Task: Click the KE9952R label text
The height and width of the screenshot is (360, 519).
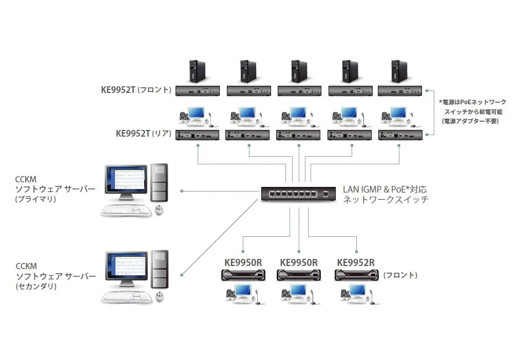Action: tap(355, 262)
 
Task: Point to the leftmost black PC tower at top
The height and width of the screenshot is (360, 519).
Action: tap(197, 71)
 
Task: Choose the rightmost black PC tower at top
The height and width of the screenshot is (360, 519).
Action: tap(398, 71)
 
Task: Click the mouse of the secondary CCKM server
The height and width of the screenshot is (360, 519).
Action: tap(159, 296)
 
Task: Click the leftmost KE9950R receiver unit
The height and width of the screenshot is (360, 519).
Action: tap(243, 275)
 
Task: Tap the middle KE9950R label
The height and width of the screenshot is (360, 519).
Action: tap(299, 262)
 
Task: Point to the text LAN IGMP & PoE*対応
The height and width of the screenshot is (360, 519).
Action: tap(385, 189)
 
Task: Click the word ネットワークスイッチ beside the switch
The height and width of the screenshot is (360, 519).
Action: tap(386, 200)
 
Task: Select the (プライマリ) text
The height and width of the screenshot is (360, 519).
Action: tap(35, 199)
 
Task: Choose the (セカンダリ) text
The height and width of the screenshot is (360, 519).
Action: tap(35, 286)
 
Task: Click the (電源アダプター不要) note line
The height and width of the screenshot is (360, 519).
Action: tap(470, 121)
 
